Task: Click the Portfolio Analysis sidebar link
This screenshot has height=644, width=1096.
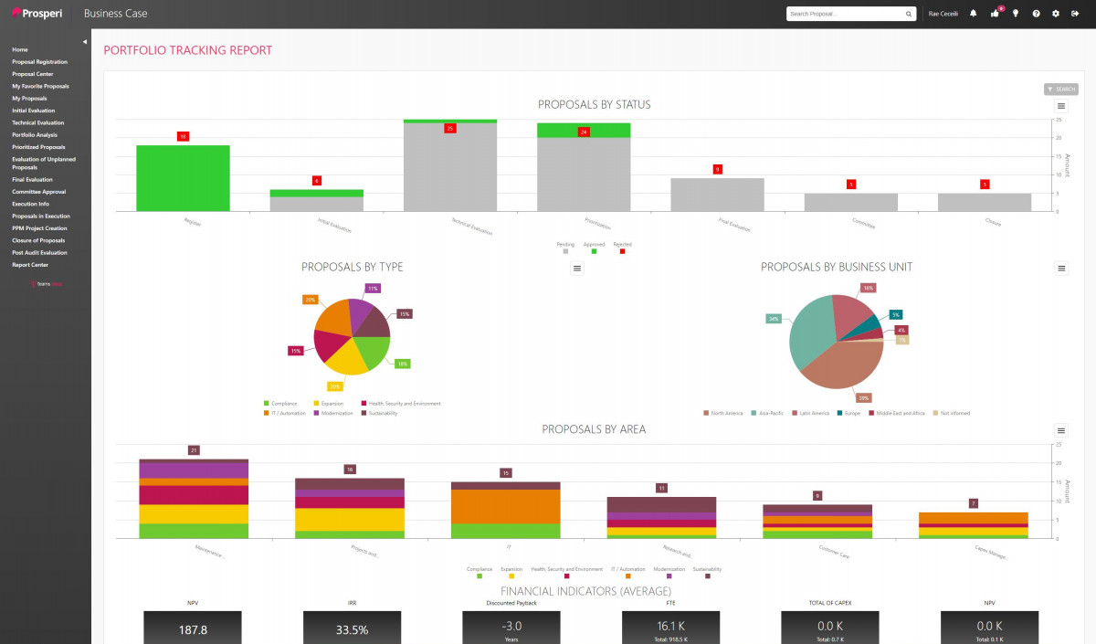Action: [34, 134]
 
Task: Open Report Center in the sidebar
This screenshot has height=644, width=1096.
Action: [30, 265]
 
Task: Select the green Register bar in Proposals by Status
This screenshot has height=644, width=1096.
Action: [183, 178]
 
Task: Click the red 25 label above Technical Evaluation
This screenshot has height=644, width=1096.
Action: [449, 129]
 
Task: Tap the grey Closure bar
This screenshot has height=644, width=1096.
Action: [985, 202]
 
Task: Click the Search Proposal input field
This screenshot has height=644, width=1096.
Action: [845, 14]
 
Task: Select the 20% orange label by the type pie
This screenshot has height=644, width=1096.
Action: [310, 300]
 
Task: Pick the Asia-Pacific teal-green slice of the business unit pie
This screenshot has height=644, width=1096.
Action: [808, 329]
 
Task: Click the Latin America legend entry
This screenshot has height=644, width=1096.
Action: [814, 413]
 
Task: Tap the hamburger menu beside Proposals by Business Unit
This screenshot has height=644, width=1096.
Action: [1061, 269]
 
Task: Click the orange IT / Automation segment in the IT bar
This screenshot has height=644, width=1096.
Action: [506, 506]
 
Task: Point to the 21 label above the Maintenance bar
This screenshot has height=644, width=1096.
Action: [194, 450]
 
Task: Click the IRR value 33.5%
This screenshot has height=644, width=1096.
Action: [352, 629]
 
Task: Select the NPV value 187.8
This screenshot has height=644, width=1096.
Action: [192, 629]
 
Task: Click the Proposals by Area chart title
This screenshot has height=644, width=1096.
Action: [594, 429]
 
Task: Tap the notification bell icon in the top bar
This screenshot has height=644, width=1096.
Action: [973, 14]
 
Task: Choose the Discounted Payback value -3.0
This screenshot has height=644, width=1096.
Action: [511, 625]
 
